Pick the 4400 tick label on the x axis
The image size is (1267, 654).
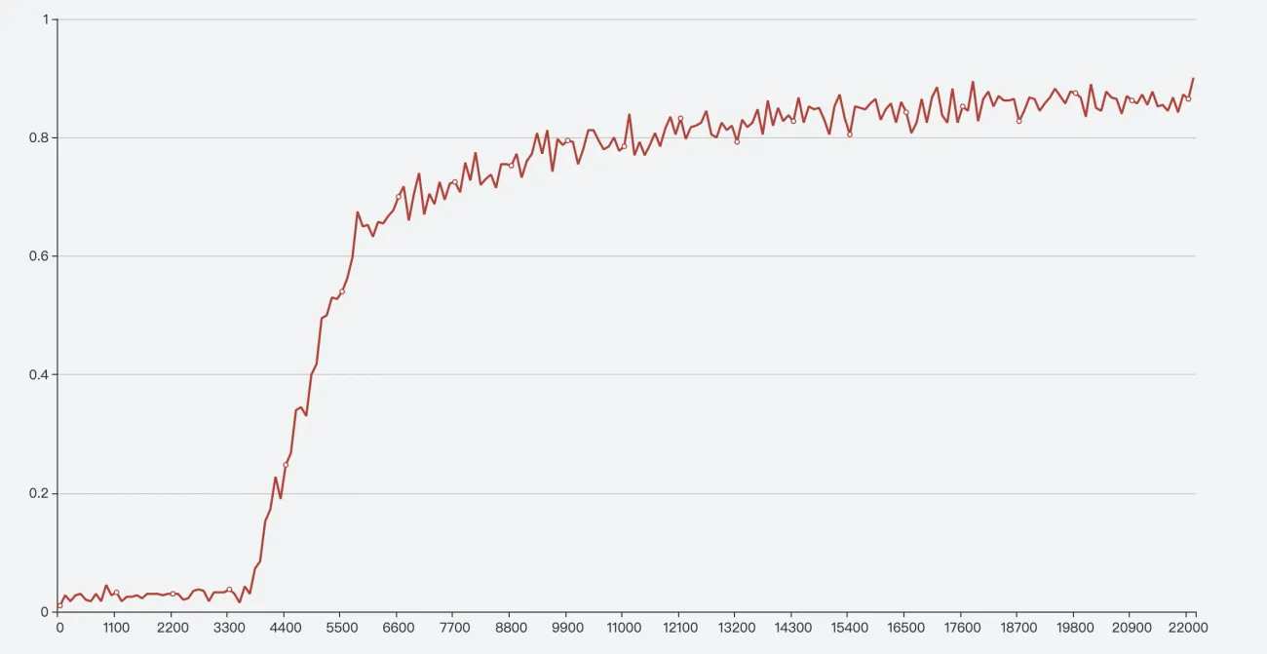[x=285, y=629]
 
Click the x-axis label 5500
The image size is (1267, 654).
[x=341, y=629]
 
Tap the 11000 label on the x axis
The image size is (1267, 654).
[x=624, y=629]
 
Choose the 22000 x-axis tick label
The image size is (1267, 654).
[x=1187, y=629]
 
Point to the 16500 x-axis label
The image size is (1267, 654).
[x=905, y=629]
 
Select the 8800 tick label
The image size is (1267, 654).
[x=511, y=629]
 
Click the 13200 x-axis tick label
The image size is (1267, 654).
[x=737, y=629]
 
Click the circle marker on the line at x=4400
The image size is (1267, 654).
[x=286, y=465]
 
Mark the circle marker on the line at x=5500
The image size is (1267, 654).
[x=342, y=291]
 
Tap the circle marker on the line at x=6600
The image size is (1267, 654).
[x=398, y=197]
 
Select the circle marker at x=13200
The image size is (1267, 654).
[x=737, y=141]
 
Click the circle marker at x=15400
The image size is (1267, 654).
[x=850, y=135]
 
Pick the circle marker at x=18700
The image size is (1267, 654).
[x=1018, y=121]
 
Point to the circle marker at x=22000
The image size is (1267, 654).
[x=1188, y=98]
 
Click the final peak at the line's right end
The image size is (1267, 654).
[x=1193, y=78]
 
